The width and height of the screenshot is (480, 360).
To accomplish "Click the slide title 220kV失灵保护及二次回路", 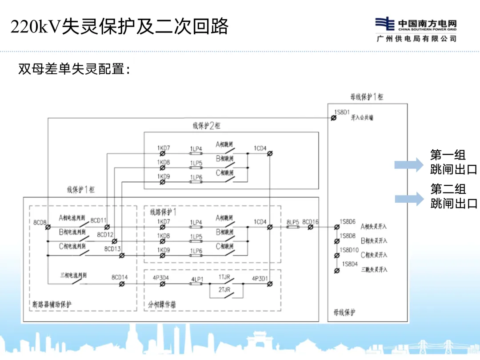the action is tap(120, 27).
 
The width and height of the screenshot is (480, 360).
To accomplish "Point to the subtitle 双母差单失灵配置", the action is tap(74, 69).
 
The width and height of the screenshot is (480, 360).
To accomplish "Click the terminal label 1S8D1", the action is tap(342, 112).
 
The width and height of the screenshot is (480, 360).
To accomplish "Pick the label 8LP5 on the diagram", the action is tap(292, 221).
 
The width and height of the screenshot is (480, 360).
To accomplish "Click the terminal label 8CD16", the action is tap(310, 221).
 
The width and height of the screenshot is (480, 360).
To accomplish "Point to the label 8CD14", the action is tap(120, 278).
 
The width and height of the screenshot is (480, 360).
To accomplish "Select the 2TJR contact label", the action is tap(224, 289).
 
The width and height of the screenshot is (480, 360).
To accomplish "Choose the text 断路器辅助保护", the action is tap(52, 304).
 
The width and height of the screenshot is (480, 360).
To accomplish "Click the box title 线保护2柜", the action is tap(206, 126).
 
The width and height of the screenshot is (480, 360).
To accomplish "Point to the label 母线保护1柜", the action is tap(367, 97).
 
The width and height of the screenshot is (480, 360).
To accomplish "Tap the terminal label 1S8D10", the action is tap(349, 250).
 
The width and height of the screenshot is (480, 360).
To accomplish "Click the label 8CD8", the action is tap(40, 222).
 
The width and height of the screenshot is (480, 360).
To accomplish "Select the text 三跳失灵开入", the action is tap(374, 269).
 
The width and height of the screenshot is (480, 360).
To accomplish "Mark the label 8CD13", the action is tap(112, 249).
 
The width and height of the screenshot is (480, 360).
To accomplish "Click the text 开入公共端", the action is tap(362, 118).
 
